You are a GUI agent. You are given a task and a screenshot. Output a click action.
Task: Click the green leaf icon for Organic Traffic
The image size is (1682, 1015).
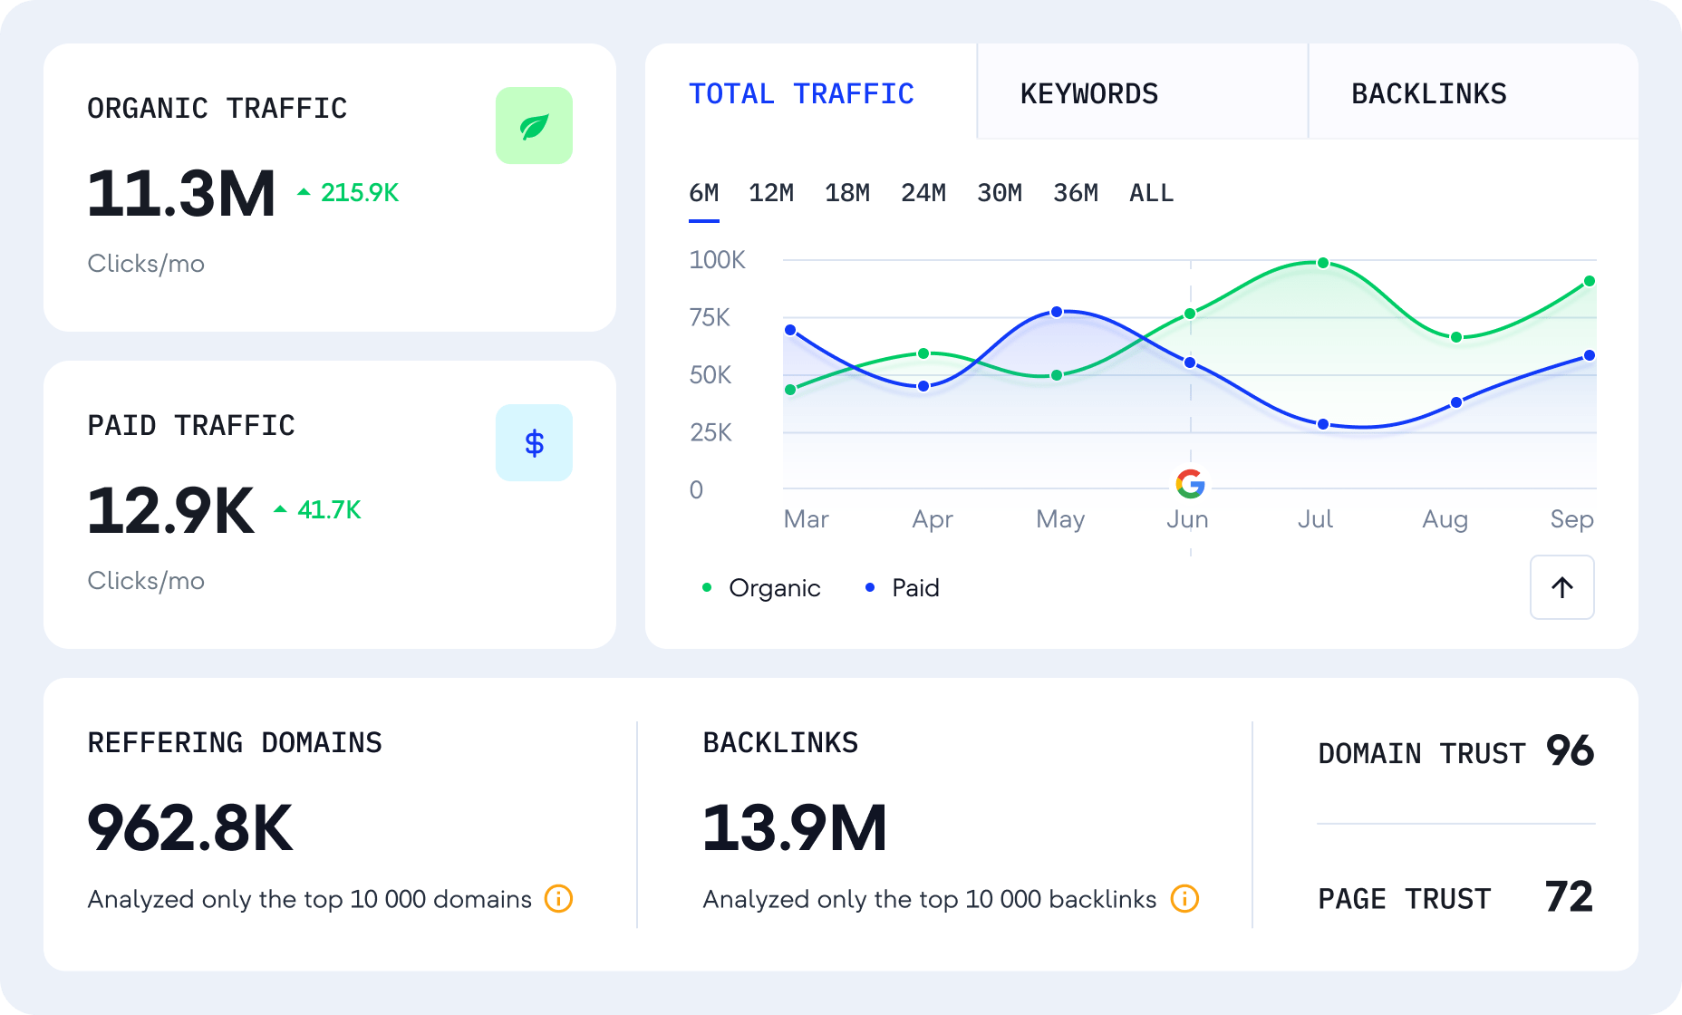click(x=534, y=126)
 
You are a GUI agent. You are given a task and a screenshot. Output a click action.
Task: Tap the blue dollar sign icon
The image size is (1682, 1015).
click(x=534, y=443)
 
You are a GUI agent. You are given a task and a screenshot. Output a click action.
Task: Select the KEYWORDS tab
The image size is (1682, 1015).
click(x=1089, y=94)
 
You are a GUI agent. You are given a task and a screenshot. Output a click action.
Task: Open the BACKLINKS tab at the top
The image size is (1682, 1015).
click(x=1428, y=94)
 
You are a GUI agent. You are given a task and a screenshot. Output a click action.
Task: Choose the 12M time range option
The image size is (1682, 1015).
click(x=770, y=193)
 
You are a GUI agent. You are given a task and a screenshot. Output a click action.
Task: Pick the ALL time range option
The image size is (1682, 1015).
click(x=1151, y=193)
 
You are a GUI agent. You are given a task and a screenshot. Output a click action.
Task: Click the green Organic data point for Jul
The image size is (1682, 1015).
click(x=1323, y=263)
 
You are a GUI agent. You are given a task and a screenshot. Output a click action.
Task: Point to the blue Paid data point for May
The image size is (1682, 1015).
click(x=1057, y=312)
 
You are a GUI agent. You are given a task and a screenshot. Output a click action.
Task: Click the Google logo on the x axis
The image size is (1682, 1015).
click(x=1190, y=484)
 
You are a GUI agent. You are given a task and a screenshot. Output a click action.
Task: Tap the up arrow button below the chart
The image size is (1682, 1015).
click(x=1561, y=587)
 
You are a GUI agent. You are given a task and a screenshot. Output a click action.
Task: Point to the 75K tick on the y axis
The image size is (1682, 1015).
click(x=709, y=318)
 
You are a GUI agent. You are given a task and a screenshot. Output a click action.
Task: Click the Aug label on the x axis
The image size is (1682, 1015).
click(x=1445, y=519)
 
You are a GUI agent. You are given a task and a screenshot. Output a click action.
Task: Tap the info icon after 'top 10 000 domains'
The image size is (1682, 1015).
click(x=558, y=899)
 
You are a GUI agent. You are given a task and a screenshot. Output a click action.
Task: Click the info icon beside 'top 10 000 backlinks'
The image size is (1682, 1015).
click(x=1184, y=899)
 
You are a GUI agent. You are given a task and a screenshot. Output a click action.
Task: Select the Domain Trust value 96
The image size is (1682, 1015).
click(x=1570, y=751)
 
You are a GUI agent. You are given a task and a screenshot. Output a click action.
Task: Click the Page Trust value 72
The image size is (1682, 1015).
click(x=1569, y=897)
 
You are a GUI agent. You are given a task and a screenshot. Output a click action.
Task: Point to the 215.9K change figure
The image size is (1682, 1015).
click(x=359, y=193)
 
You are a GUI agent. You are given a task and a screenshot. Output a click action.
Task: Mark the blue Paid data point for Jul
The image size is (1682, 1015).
click(x=1323, y=424)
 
